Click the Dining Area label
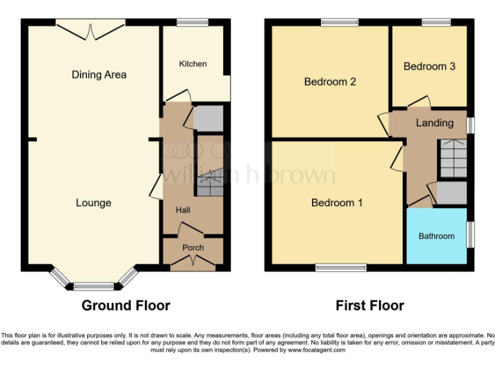pos(99,75)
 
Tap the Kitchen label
pos(193,64)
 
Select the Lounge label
pos(93,203)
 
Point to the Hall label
pos(184,210)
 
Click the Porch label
pos(193,247)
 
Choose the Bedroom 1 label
pos(336,203)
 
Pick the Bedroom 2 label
pos(330,82)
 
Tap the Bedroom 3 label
pos(429,66)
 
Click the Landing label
pos(434,123)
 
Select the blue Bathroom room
pos(436,236)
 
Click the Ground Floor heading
pos(126,305)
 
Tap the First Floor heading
pos(370,305)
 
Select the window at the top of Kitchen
pos(188,23)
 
